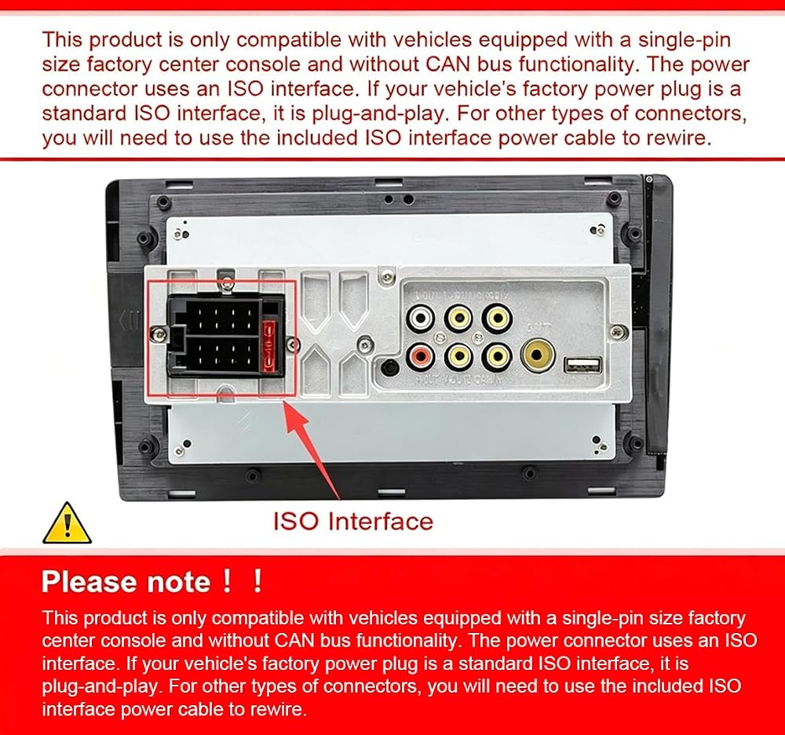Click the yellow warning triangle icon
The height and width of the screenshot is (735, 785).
[67, 523]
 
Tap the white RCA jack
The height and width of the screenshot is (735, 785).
[421, 318]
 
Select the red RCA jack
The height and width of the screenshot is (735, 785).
[419, 356]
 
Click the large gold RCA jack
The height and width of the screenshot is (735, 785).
[538, 355]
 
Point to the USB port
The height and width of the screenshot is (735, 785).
[582, 365]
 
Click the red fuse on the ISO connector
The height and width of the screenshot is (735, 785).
[269, 346]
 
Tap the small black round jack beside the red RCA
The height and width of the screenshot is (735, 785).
[390, 367]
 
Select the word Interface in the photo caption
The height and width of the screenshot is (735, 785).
[381, 522]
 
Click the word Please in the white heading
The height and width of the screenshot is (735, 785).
[89, 582]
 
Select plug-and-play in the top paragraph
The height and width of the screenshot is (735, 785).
[379, 115]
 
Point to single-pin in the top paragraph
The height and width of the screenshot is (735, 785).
[685, 40]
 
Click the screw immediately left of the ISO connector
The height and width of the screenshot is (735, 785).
[159, 334]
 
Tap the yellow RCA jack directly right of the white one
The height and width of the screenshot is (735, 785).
[459, 317]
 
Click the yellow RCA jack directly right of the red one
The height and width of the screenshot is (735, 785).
[458, 356]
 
